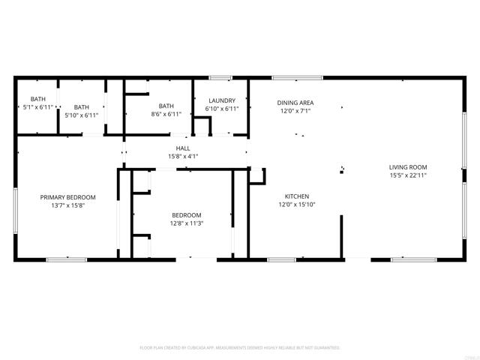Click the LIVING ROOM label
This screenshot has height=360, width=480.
tap(407, 166)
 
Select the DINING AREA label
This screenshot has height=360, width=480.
tap(295, 103)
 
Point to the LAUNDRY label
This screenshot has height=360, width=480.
tap(222, 100)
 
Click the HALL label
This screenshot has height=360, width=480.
tap(183, 148)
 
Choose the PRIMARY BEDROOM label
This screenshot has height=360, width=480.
tap(68, 197)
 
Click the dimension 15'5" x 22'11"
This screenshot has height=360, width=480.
tap(407, 175)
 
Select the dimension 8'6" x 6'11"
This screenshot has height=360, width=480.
tap(165, 115)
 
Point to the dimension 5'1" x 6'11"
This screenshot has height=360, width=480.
tap(37, 107)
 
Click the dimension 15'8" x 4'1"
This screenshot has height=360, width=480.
tap(183, 157)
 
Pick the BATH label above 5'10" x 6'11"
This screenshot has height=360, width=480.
tap(81, 107)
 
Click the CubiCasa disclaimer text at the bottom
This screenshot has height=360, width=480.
tap(240, 348)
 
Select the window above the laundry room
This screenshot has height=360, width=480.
tap(219, 76)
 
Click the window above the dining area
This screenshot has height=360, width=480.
tap(298, 76)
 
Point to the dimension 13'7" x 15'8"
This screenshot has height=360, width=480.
tap(68, 205)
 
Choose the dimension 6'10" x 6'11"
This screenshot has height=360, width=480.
tap(222, 109)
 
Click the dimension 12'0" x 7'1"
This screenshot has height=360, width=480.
tap(295, 111)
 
